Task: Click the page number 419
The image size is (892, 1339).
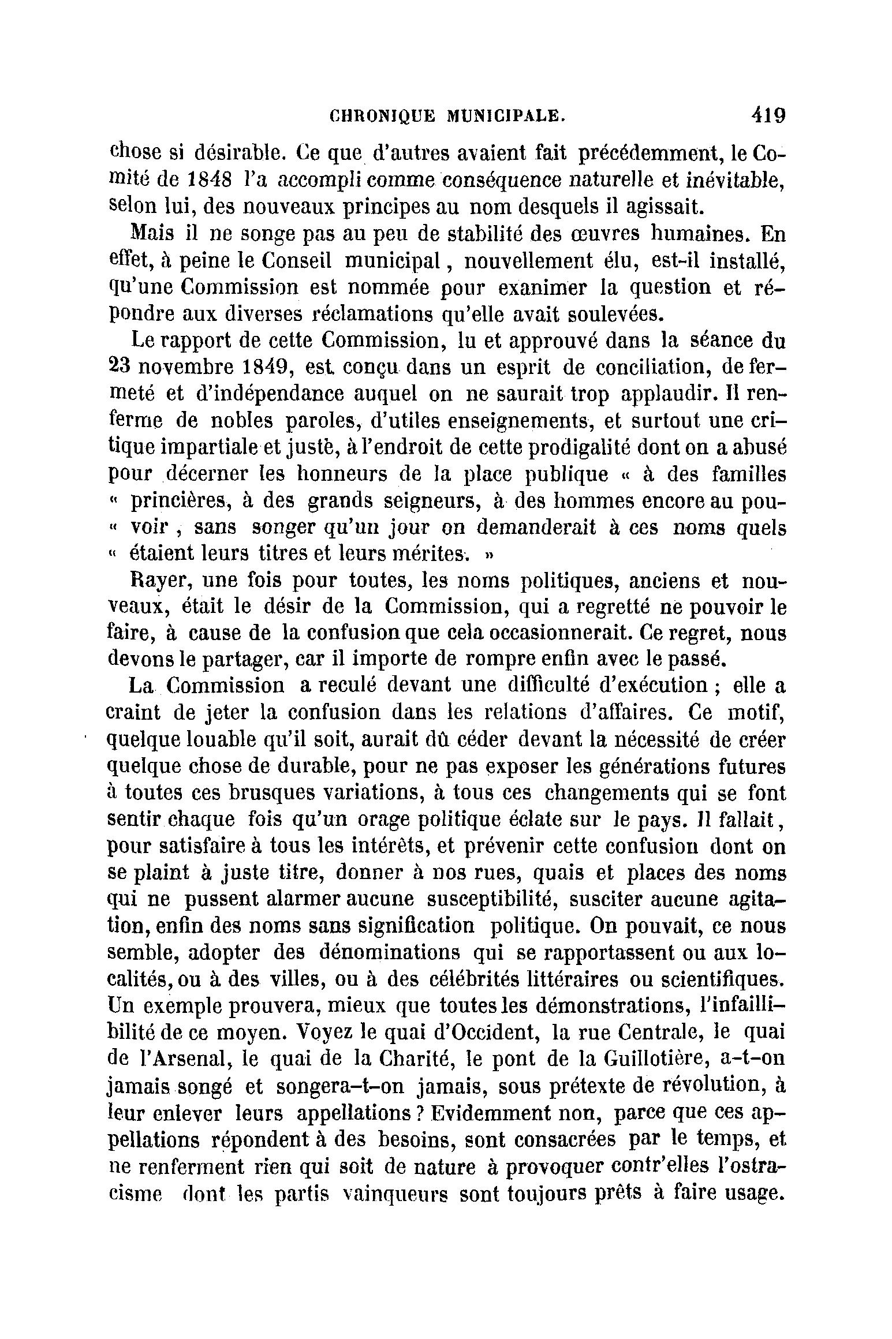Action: (x=767, y=115)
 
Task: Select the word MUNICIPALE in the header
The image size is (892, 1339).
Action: (x=507, y=116)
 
